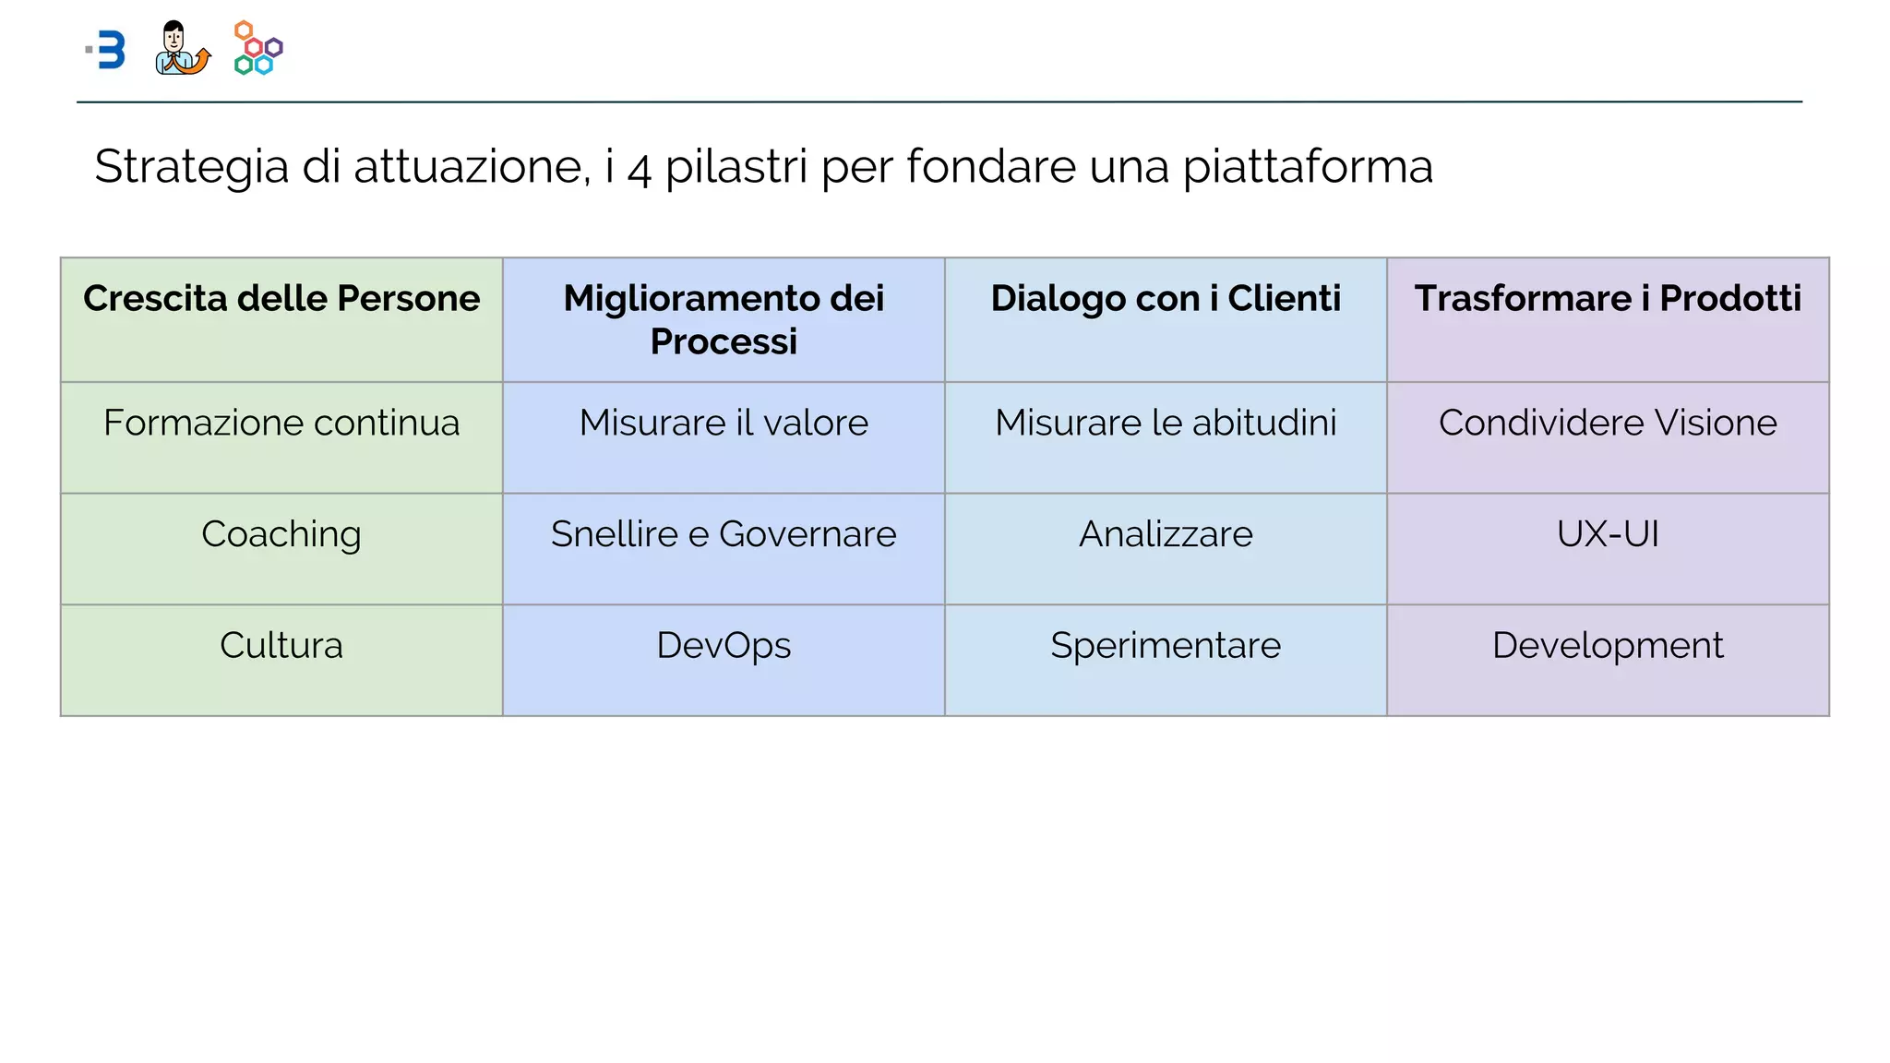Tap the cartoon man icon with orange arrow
(182, 49)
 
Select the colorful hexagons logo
(258, 49)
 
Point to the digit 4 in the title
(640, 170)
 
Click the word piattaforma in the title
(1307, 168)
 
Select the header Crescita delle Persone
(281, 299)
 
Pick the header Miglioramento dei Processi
(724, 319)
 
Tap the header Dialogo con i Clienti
(1166, 299)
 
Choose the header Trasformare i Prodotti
(1608, 299)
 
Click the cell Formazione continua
(281, 424)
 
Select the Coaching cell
(281, 535)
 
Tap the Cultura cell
(281, 646)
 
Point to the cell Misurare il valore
(724, 424)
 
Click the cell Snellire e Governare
(724, 535)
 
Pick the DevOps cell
(724, 646)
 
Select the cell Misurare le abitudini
(1166, 424)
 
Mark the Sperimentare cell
(1166, 646)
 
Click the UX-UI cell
(1608, 535)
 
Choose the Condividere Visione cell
(1608, 424)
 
